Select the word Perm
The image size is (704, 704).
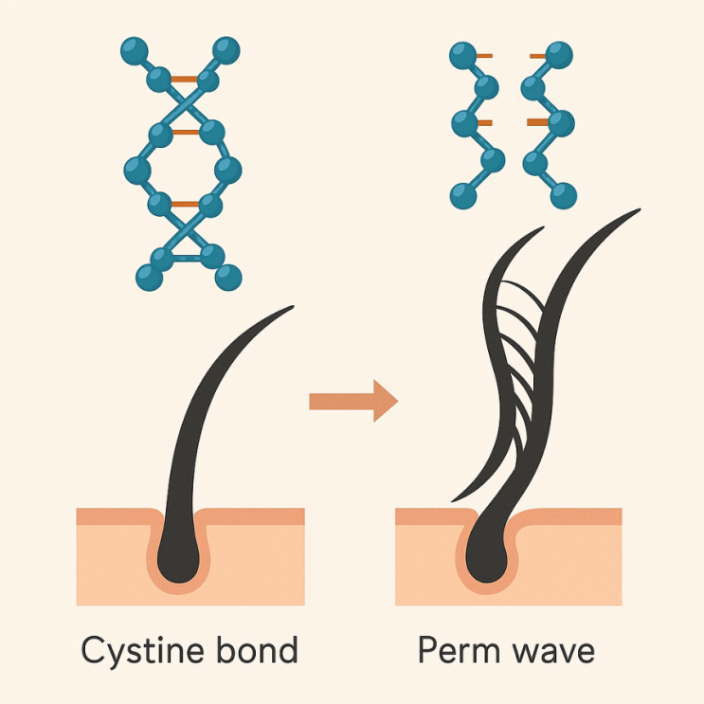click(460, 651)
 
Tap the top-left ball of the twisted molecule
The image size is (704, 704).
click(135, 48)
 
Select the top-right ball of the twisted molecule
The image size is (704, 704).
click(226, 48)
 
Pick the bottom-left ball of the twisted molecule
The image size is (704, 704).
click(148, 277)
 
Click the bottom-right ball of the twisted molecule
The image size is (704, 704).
click(228, 277)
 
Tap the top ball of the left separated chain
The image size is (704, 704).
click(462, 55)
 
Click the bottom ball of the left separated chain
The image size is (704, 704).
click(462, 195)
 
